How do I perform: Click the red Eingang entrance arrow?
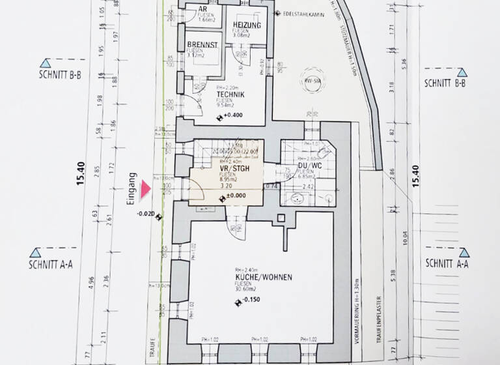[x=147, y=189]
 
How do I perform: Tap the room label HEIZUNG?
[x=247, y=25]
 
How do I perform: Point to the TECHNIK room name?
[x=230, y=94]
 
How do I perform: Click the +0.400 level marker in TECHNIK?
[x=232, y=116]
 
